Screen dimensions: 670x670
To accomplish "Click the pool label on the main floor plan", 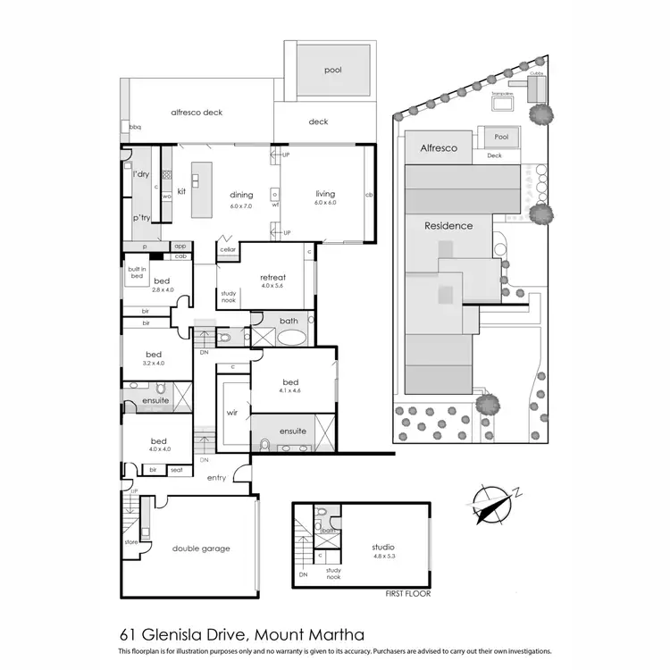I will (x=333, y=70).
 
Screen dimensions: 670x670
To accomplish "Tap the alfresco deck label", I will (x=197, y=113).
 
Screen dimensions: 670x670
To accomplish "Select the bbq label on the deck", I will (x=136, y=128).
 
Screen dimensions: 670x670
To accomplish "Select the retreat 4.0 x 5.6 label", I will (x=272, y=281).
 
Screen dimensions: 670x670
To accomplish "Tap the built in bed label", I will (x=136, y=272).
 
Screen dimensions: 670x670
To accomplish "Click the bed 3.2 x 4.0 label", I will (x=153, y=358).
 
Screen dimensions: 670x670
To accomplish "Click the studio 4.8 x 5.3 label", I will (x=383, y=551).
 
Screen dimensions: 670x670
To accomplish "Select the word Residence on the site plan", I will (x=448, y=226).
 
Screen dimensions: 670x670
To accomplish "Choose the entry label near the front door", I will (x=217, y=478).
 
